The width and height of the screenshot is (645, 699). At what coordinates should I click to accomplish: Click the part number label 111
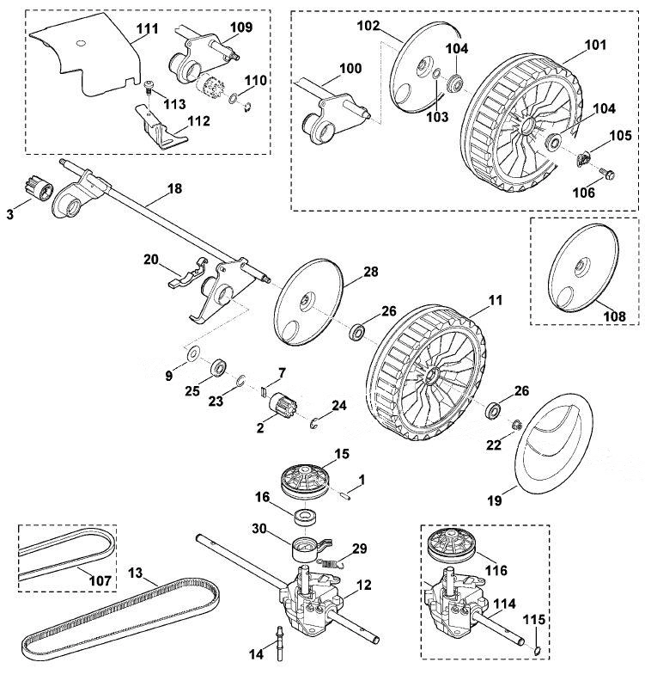click(148, 28)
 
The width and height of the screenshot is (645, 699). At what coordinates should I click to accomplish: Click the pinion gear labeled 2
click(280, 403)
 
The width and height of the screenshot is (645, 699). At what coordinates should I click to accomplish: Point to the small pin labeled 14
click(280, 642)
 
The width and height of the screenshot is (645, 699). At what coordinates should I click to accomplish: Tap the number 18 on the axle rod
click(174, 188)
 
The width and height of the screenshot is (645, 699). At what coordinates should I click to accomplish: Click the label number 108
click(615, 316)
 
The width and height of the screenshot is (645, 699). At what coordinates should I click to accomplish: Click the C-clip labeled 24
click(315, 421)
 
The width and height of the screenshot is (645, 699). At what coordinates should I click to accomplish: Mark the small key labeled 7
click(263, 391)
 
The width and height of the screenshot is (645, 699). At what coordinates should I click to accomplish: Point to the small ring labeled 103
click(437, 74)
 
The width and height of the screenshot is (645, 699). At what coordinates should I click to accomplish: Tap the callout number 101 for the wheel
click(595, 45)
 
